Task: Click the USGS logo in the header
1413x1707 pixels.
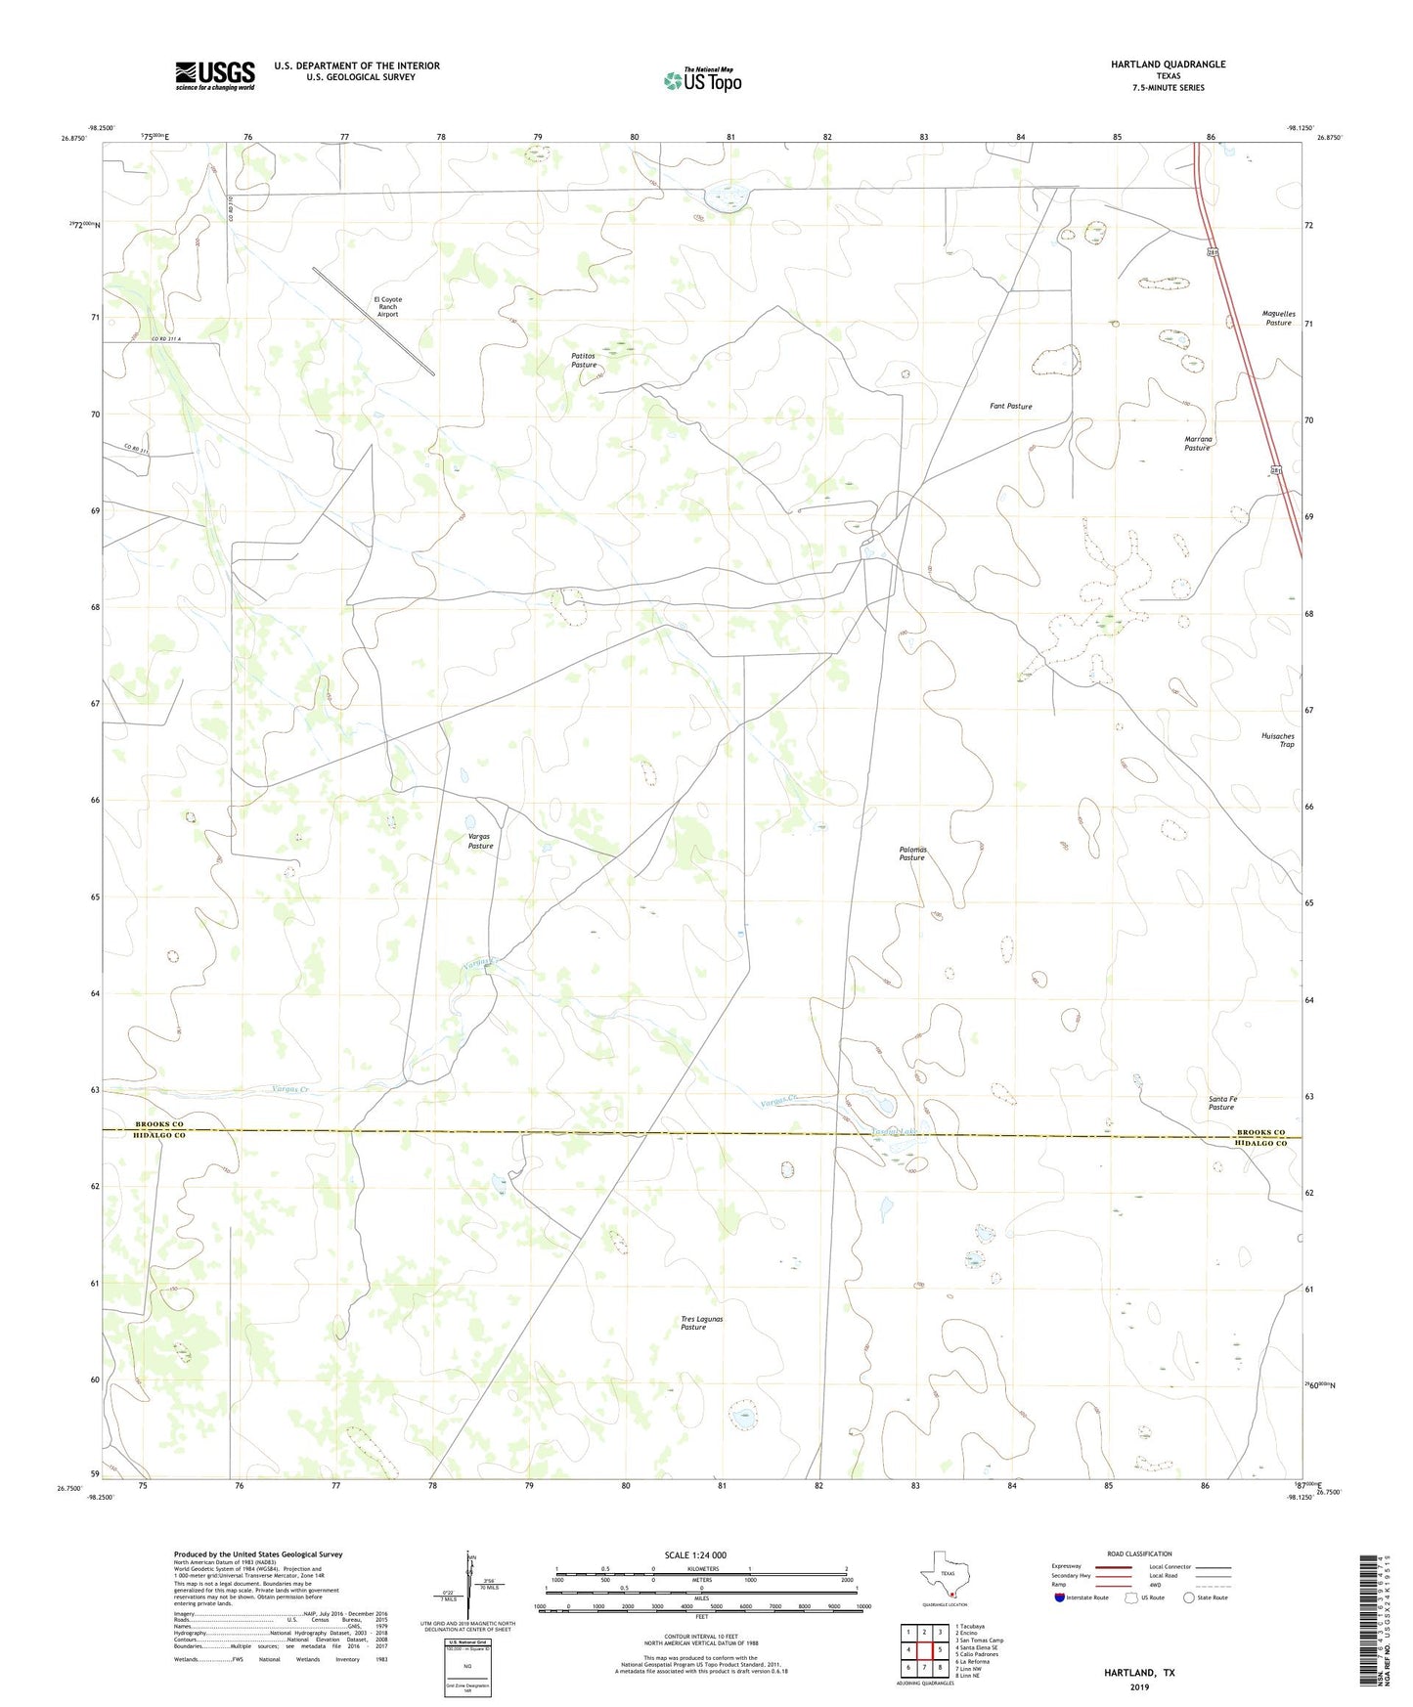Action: point(215,75)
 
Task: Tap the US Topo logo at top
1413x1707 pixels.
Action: point(702,80)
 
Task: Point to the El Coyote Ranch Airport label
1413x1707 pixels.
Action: point(387,307)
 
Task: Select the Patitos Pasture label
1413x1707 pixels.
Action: point(584,361)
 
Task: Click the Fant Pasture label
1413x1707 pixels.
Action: point(1010,406)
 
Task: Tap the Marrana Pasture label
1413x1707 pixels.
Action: point(1198,444)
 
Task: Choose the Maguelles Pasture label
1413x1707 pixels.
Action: point(1278,318)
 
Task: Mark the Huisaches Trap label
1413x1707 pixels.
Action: point(1277,740)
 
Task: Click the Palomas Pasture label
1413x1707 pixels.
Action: point(912,853)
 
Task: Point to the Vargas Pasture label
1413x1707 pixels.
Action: point(480,842)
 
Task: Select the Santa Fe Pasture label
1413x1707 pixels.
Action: point(1222,1103)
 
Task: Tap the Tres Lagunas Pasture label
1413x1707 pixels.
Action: point(701,1323)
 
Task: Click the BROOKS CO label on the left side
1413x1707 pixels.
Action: point(158,1124)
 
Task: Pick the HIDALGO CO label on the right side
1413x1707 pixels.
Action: point(1260,1143)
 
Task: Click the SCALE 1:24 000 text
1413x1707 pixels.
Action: point(695,1554)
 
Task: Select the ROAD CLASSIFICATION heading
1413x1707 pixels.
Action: point(1139,1554)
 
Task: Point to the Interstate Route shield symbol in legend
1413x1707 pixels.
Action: point(1060,1598)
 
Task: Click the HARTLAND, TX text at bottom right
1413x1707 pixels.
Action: point(1139,1672)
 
